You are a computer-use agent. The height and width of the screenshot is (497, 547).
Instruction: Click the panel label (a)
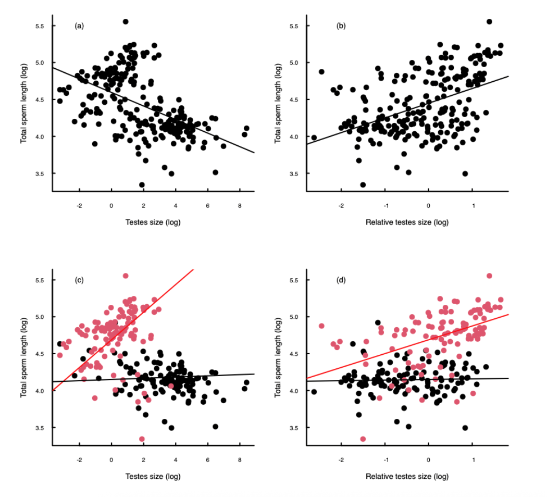(x=79, y=26)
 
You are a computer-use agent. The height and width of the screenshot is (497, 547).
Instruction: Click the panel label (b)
(x=341, y=26)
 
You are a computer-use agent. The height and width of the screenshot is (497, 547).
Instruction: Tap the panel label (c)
(x=79, y=280)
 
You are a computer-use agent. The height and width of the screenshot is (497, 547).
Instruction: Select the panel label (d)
(x=341, y=280)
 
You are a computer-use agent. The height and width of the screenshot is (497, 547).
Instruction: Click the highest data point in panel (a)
(x=126, y=21)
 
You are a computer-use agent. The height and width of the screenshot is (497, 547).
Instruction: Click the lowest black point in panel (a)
(x=142, y=184)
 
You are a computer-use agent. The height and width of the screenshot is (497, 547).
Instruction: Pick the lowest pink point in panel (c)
(x=142, y=439)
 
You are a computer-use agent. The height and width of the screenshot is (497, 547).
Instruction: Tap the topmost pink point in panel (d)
(x=489, y=276)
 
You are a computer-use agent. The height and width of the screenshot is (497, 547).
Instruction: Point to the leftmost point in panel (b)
(x=314, y=138)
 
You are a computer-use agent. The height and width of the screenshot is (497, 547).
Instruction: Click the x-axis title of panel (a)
(x=153, y=222)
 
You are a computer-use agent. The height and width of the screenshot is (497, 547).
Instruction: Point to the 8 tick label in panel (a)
(x=240, y=205)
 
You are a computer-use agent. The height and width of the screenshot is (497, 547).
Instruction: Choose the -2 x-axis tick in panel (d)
(x=341, y=460)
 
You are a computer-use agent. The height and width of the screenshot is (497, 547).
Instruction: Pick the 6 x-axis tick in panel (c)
(x=207, y=460)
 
